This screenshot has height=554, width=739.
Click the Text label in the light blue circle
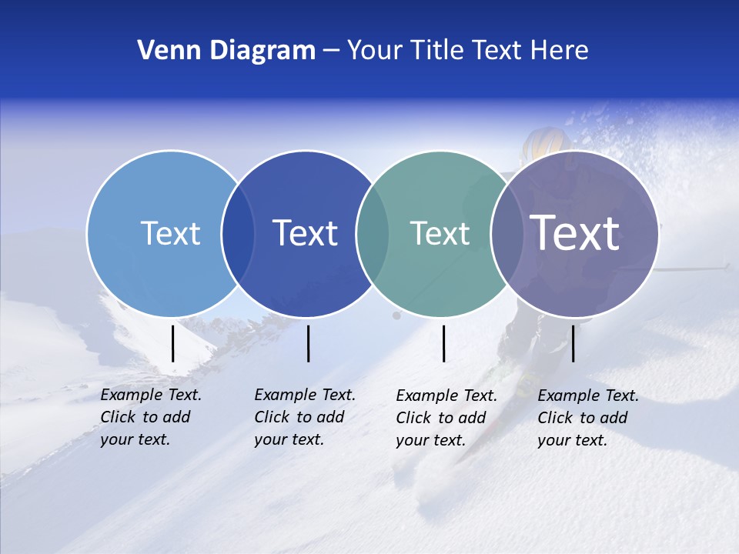click(x=170, y=233)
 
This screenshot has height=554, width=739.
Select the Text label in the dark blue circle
click(x=305, y=233)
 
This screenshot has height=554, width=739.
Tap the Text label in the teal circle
click(x=440, y=233)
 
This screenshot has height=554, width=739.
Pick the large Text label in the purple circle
click(x=574, y=233)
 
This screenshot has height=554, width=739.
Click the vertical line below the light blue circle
click(x=172, y=343)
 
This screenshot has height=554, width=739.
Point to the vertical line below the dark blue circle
click(x=308, y=343)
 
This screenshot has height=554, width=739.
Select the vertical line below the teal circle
click(x=443, y=343)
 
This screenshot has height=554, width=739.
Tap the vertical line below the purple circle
click(x=573, y=343)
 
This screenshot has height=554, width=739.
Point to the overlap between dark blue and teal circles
click(x=373, y=233)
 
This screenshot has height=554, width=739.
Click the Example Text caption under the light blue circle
click(x=151, y=417)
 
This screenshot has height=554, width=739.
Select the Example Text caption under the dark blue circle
click(x=305, y=417)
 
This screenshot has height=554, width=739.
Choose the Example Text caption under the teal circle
click(x=446, y=418)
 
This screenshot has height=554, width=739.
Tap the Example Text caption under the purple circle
click(x=588, y=418)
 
